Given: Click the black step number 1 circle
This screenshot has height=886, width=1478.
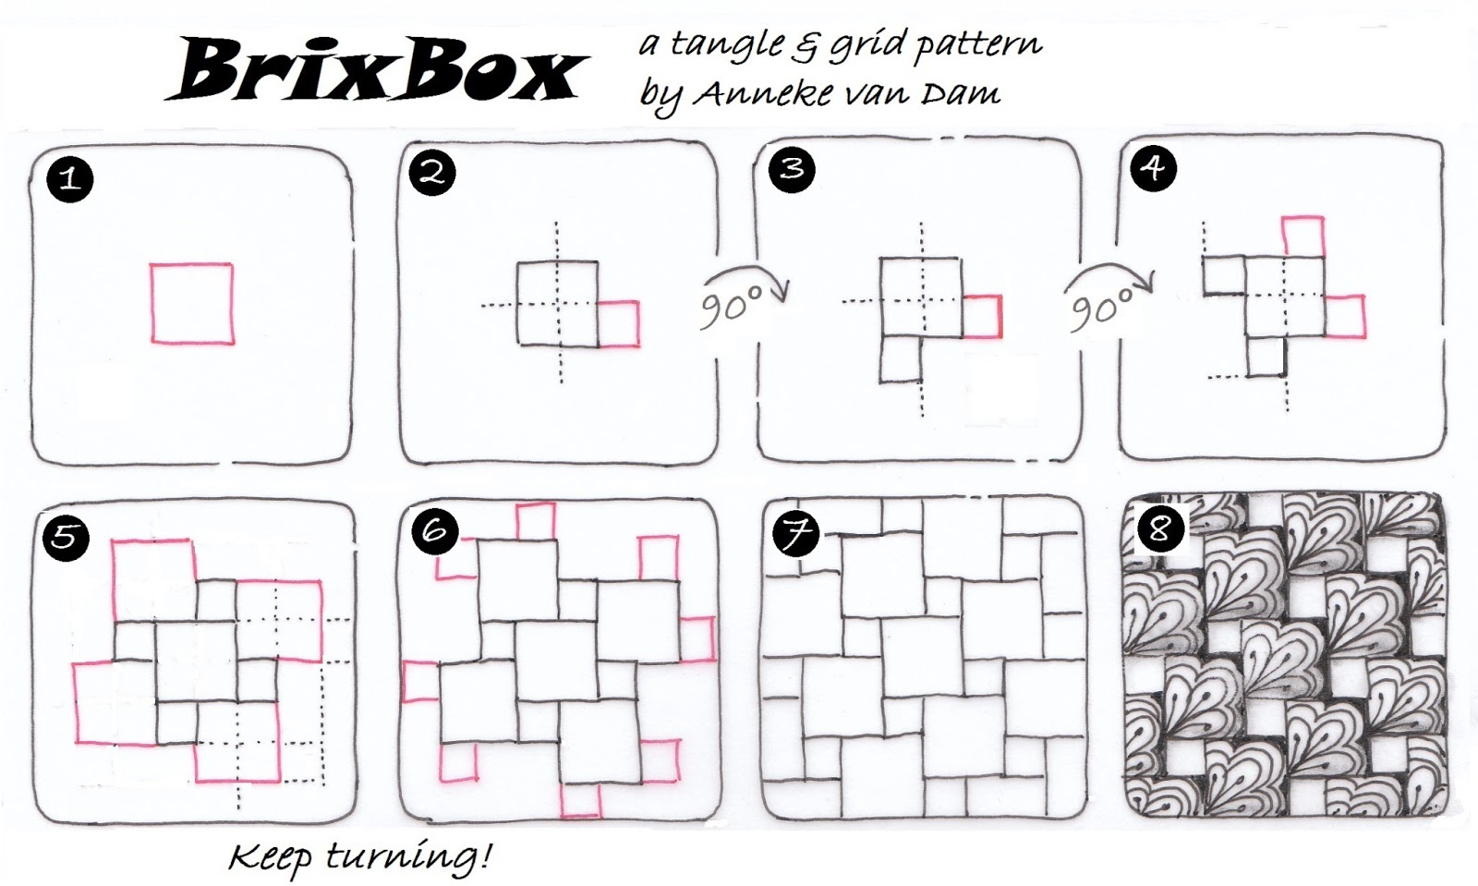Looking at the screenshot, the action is [x=69, y=179].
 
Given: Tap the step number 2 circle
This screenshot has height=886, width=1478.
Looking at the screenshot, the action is [x=432, y=174].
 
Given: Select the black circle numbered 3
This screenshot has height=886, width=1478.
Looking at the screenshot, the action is [x=792, y=170].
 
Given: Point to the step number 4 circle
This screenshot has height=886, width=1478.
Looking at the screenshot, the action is [x=1154, y=168].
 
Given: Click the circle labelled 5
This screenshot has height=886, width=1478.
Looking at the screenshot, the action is [x=66, y=538].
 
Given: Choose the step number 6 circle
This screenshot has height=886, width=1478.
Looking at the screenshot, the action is [x=434, y=531].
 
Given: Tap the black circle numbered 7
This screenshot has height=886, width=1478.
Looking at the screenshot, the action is [x=795, y=534].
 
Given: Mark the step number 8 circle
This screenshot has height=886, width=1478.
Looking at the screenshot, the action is [x=1160, y=528].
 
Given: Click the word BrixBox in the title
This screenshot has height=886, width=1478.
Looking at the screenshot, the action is [x=377, y=70].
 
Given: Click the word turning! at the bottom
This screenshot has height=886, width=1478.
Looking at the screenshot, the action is [x=409, y=857].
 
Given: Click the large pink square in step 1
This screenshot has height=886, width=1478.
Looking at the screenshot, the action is [x=151, y=303].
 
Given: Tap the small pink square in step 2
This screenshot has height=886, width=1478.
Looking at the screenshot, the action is [x=637, y=323].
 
